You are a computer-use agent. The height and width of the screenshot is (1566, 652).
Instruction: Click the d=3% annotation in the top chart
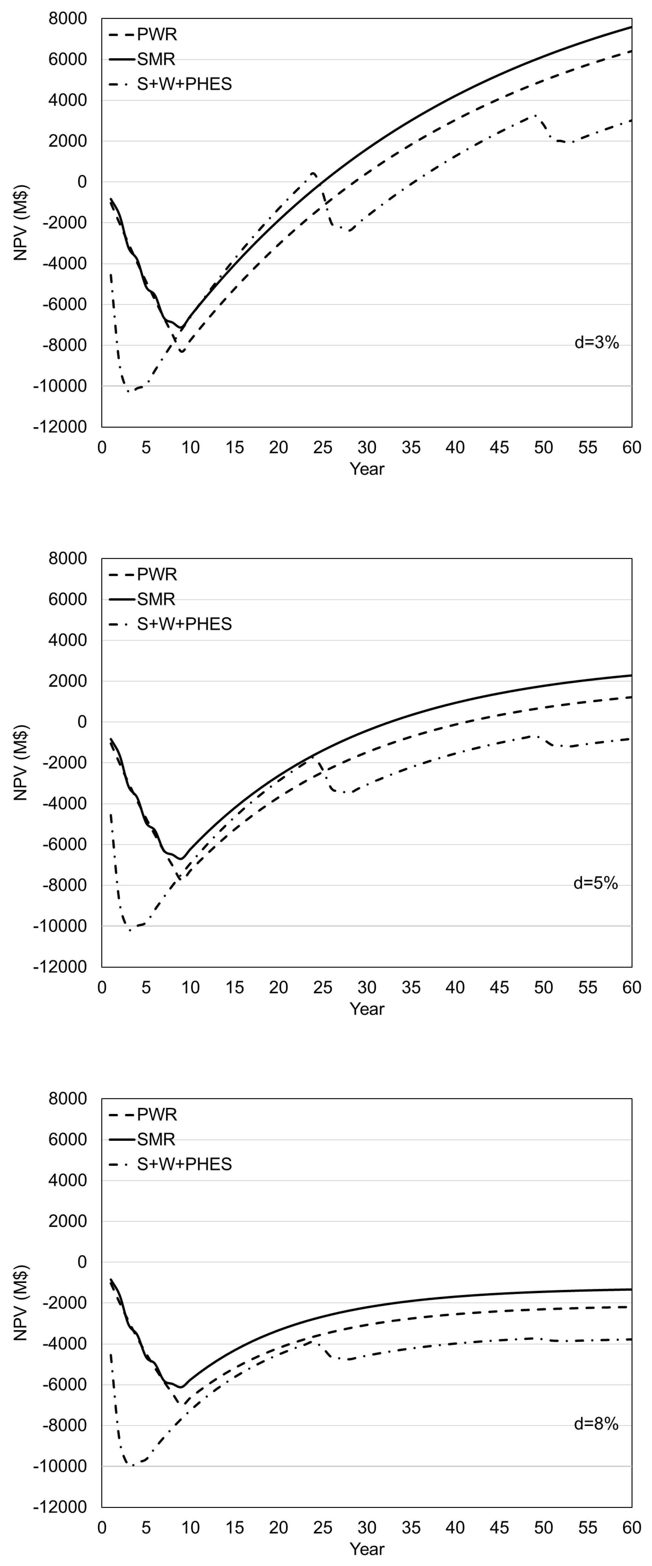596,343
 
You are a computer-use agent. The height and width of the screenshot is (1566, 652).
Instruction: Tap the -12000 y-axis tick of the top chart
60,427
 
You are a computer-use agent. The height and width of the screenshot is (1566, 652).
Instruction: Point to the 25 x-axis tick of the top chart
323,448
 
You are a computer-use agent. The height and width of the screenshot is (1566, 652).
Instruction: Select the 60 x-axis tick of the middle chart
631,988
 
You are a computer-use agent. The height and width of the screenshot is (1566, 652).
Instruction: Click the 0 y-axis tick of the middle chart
81,722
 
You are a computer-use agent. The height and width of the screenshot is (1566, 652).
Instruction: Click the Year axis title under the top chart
367,469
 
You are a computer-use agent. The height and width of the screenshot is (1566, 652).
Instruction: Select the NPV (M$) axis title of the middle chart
21,762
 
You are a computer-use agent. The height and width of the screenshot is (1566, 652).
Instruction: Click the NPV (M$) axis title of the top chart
21,223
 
